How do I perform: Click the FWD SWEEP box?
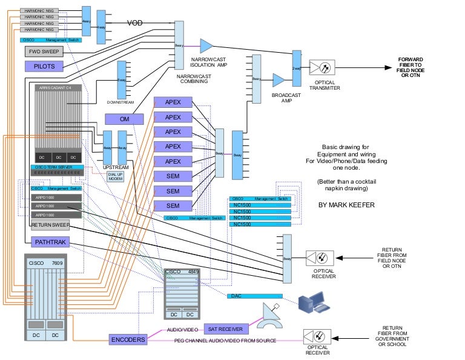pyautogui.click(x=44, y=51)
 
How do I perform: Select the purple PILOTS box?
pyautogui.click(x=44, y=65)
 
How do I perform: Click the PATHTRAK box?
pyautogui.click(x=51, y=242)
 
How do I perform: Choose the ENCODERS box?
pyautogui.click(x=128, y=340)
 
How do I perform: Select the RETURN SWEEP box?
pyautogui.click(x=51, y=225)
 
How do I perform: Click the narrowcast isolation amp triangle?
pyautogui.click(x=206, y=45)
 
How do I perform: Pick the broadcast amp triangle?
pyautogui.click(x=279, y=80)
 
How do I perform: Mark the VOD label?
pyautogui.click(x=135, y=23)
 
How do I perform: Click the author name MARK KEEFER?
pyautogui.click(x=346, y=205)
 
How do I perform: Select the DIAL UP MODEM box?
pyautogui.click(x=115, y=176)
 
